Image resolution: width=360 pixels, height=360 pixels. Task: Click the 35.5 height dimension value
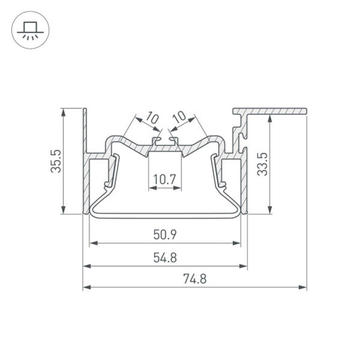click(x=56, y=161)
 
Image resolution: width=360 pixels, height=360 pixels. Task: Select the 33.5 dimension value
click(x=262, y=164)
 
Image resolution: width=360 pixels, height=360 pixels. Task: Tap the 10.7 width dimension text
click(x=164, y=179)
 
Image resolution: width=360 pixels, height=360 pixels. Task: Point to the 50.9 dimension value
click(x=164, y=234)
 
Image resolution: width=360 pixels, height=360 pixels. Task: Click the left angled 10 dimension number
click(x=152, y=118)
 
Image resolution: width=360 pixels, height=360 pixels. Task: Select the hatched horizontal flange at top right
click(x=276, y=111)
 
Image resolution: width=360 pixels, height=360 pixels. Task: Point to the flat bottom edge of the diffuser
click(x=165, y=214)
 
